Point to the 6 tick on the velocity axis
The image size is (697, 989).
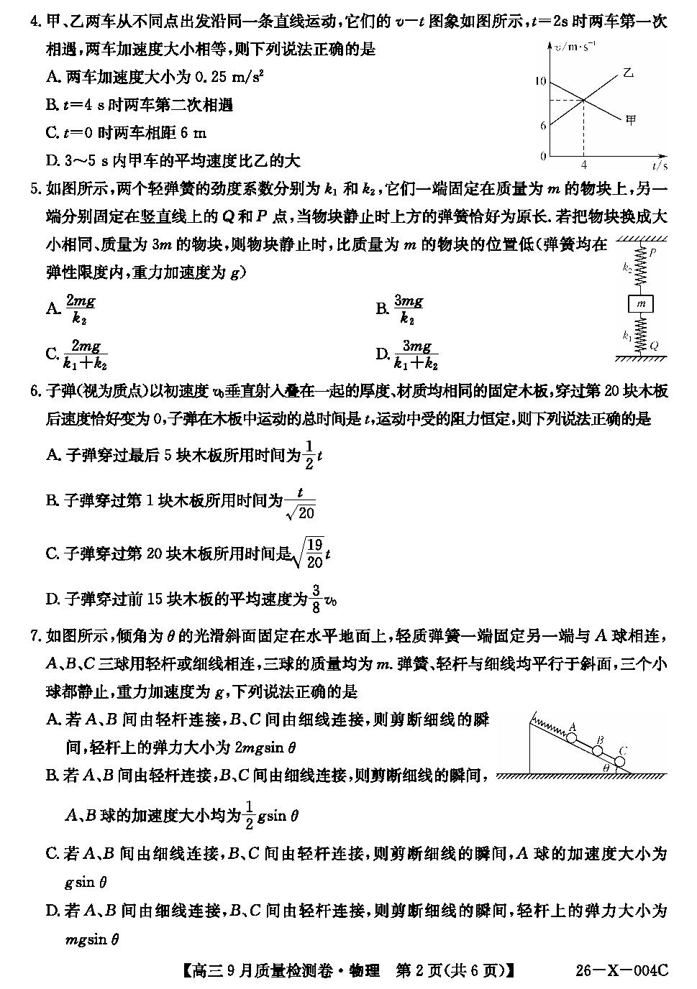(x=543, y=125)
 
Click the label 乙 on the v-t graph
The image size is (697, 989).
(x=628, y=72)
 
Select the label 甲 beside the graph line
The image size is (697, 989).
(x=632, y=120)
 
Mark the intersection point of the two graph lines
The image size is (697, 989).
(x=583, y=98)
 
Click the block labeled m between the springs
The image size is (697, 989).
(x=642, y=305)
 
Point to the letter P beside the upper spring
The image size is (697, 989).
(x=652, y=253)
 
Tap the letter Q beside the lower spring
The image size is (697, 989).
(x=654, y=346)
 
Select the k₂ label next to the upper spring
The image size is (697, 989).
(x=627, y=267)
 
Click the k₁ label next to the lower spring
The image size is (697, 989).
(x=627, y=334)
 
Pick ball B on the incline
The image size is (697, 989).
(x=597, y=750)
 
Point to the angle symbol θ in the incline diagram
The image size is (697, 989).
(x=606, y=768)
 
